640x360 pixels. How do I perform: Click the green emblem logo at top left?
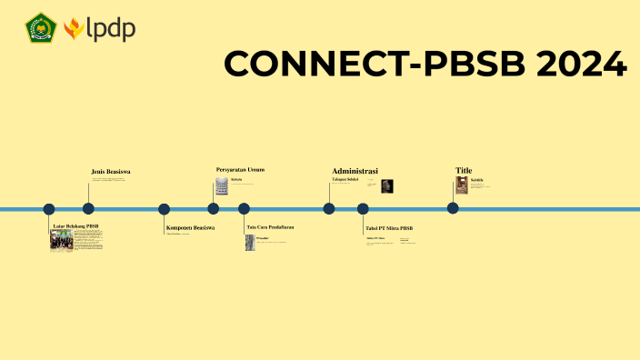(x=41, y=28)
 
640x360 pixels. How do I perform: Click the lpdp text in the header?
(x=112, y=28)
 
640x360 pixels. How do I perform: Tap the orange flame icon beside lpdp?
(x=74, y=29)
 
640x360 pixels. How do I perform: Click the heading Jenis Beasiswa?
(x=111, y=171)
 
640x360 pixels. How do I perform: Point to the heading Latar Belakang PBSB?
(x=75, y=225)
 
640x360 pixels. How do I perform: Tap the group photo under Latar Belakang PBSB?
(x=61, y=240)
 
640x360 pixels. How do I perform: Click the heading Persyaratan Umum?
(x=240, y=169)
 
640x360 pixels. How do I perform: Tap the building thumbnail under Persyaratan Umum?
(x=222, y=186)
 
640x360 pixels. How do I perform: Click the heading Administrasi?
(x=355, y=170)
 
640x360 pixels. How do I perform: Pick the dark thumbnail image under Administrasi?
(x=386, y=186)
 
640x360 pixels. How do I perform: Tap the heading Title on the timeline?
(x=464, y=170)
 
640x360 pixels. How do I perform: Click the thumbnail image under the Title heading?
(x=462, y=185)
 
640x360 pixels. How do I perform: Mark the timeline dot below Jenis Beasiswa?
(x=88, y=208)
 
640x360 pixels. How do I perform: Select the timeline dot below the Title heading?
(x=453, y=208)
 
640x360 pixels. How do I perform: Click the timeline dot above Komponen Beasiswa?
(x=164, y=208)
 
